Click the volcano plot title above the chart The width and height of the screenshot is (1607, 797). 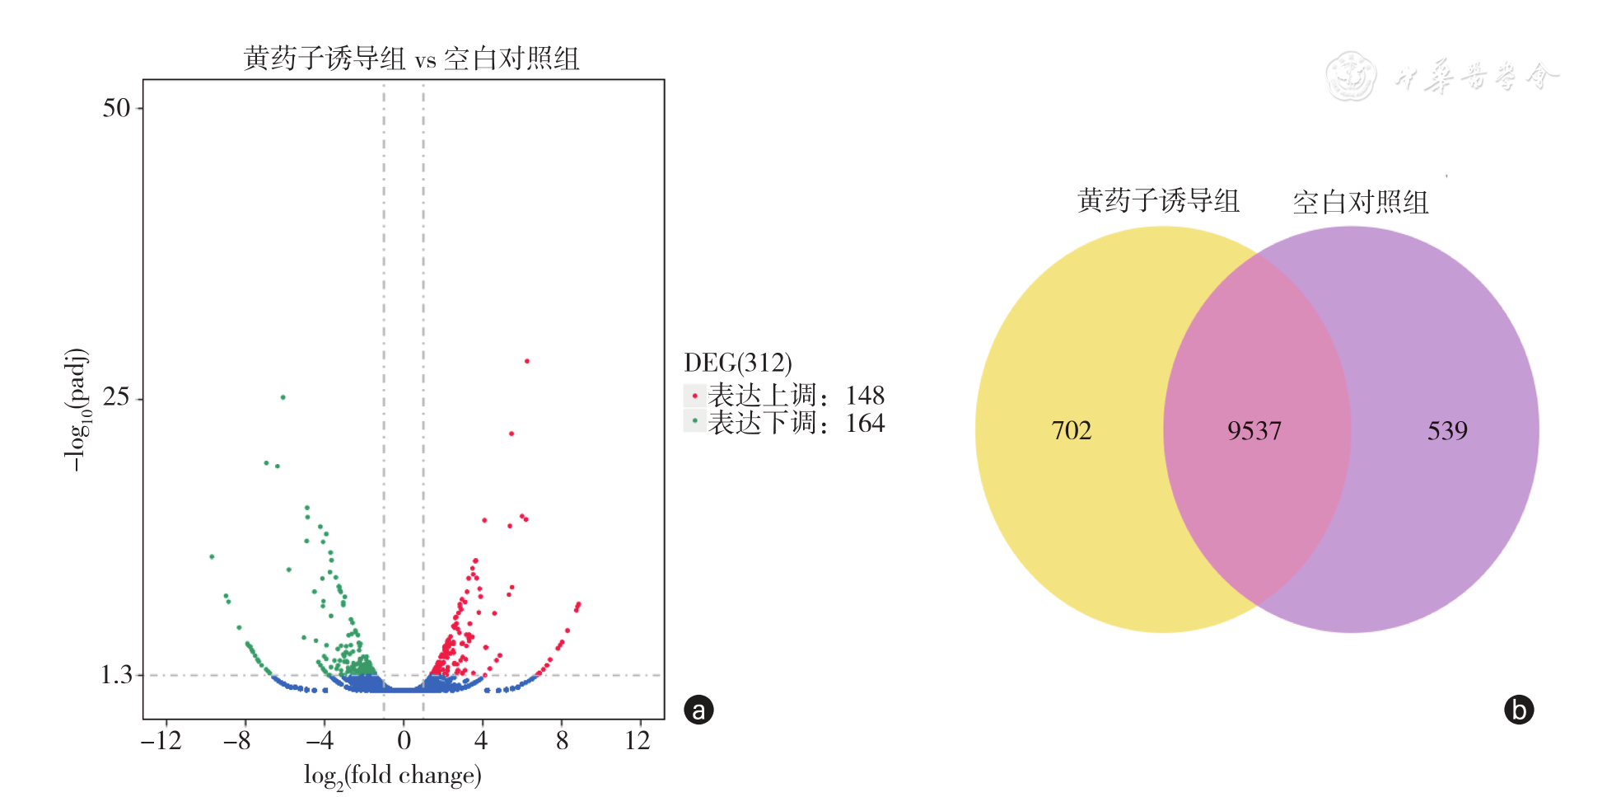pyautogui.click(x=411, y=59)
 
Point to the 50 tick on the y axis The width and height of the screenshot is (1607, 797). pyautogui.click(x=116, y=108)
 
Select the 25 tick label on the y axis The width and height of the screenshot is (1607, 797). pyautogui.click(x=116, y=397)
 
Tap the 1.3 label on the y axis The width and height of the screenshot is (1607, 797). pyautogui.click(x=116, y=676)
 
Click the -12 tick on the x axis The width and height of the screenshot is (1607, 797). pyautogui.click(x=161, y=740)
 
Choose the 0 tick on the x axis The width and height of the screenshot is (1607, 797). pyautogui.click(x=404, y=740)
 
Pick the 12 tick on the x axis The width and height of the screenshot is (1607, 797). pyautogui.click(x=638, y=740)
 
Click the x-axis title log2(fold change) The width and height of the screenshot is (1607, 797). pyautogui.click(x=392, y=776)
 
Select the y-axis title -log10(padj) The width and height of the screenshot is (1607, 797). pyautogui.click(x=76, y=410)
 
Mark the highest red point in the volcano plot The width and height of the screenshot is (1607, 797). pyautogui.click(x=527, y=361)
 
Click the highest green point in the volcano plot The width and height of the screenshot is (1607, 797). pyautogui.click(x=283, y=397)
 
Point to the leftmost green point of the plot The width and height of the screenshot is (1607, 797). pyautogui.click(x=212, y=557)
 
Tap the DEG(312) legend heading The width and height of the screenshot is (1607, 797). pyautogui.click(x=738, y=363)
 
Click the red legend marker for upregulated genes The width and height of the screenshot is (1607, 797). pyautogui.click(x=694, y=396)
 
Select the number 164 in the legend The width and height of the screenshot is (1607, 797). pyautogui.click(x=865, y=423)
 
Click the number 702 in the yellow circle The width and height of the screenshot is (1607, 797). pyautogui.click(x=1072, y=430)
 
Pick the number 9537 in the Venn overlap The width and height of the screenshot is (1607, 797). pyautogui.click(x=1254, y=430)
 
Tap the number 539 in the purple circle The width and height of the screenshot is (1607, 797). pyautogui.click(x=1447, y=430)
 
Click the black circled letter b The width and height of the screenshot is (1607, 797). pyautogui.click(x=1519, y=710)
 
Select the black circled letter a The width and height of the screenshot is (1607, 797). pyautogui.click(x=698, y=710)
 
